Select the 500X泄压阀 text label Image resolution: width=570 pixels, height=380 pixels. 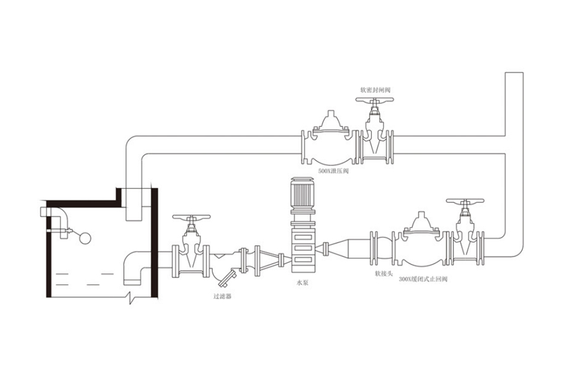coord(332,171)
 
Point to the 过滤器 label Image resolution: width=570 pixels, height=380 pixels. coord(222,296)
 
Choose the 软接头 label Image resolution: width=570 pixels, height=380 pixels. coord(384,274)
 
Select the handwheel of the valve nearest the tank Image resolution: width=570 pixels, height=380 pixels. coord(191,219)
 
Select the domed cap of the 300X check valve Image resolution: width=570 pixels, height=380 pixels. coord(418,222)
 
